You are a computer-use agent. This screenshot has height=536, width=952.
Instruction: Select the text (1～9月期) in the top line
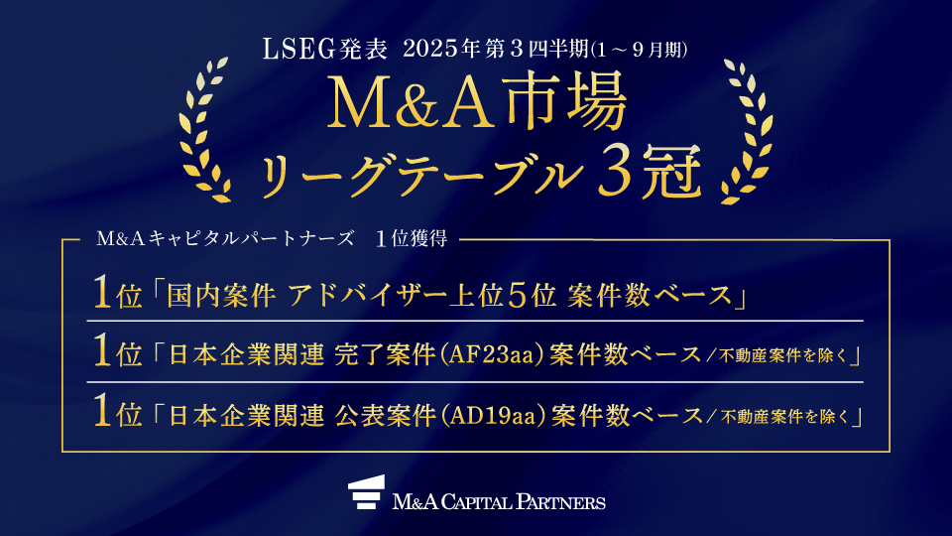tap(640, 50)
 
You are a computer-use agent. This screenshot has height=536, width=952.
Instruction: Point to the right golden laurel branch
tap(747, 131)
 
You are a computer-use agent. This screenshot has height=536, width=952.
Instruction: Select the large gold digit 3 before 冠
tap(615, 172)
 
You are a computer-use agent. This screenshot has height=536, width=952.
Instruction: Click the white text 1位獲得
tap(412, 239)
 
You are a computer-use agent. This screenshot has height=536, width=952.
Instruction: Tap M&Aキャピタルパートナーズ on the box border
tap(225, 239)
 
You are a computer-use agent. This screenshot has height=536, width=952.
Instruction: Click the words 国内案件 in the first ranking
tap(221, 296)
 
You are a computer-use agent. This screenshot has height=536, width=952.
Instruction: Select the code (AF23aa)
tap(491, 355)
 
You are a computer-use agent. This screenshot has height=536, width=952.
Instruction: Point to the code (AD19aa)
tap(493, 416)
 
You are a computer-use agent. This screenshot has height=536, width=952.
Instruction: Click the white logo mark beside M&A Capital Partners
tap(366, 492)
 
